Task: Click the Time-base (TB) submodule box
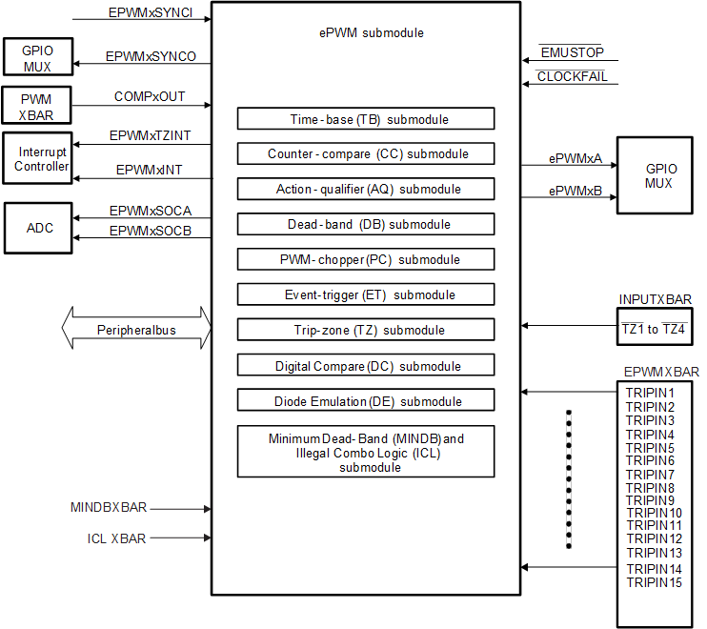coord(366,119)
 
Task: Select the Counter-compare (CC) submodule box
coord(366,153)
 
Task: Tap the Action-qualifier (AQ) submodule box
coord(366,189)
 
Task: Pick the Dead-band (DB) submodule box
coord(366,224)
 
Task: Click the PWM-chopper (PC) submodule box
coord(366,259)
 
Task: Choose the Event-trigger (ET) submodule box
coord(366,294)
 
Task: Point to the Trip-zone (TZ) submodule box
coord(366,330)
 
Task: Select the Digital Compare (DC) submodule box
coord(366,365)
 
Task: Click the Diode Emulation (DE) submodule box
coord(366,400)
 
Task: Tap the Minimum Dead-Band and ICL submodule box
coord(366,452)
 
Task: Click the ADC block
coord(39,229)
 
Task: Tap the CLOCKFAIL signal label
coord(572,76)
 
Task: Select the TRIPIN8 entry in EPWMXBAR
coord(651,488)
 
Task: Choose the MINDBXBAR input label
coord(109,508)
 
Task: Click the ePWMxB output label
coord(576,191)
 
